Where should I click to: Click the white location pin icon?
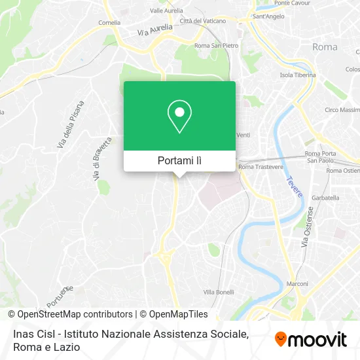[x=179, y=117]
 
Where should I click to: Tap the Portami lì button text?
[x=179, y=160]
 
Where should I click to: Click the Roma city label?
[x=325, y=47]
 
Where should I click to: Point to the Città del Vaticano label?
[x=203, y=21]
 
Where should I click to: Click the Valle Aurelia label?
[x=166, y=10]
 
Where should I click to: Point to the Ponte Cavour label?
[x=291, y=3]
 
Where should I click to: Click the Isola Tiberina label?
[x=297, y=75]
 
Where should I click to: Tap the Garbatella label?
[x=325, y=197]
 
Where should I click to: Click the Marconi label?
[x=297, y=284]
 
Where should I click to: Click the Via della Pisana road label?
[x=71, y=124]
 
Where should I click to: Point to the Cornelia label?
[x=109, y=22]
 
